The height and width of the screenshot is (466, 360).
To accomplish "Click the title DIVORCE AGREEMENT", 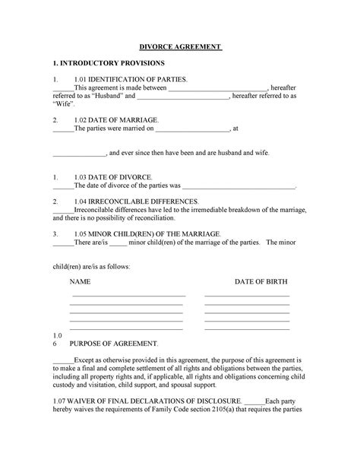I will click(x=179, y=47).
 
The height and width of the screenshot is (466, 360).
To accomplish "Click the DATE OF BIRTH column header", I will click(x=261, y=281).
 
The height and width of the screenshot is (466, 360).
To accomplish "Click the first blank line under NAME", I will click(x=128, y=296).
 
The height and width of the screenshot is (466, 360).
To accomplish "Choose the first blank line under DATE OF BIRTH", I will click(x=247, y=296).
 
